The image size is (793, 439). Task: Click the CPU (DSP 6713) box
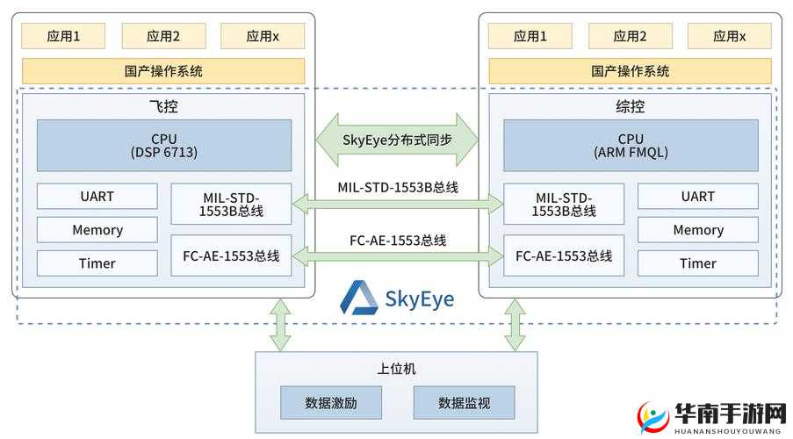coord(163,145)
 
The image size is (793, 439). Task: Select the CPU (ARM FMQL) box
coord(630,145)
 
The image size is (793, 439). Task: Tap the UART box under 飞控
coord(97,196)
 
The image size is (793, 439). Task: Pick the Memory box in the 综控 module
coord(697,230)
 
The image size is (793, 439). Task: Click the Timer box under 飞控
coord(97,263)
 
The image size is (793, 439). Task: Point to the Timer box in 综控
coord(697,263)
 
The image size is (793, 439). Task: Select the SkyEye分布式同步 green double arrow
coord(397,139)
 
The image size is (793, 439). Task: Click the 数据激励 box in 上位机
coord(331,403)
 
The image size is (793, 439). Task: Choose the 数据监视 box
coord(464,403)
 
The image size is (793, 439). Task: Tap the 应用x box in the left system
coord(263,36)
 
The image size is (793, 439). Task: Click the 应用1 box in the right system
coord(530,36)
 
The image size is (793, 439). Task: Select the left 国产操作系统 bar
coord(163,71)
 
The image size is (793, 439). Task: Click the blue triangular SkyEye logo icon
coord(357,297)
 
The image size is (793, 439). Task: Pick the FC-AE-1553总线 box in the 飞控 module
coord(231,255)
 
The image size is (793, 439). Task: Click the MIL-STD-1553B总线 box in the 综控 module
coord(563,204)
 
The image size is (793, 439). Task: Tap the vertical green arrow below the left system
coord(280,325)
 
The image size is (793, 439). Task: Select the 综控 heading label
coord(630,106)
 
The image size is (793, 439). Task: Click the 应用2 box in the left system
coord(163,36)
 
